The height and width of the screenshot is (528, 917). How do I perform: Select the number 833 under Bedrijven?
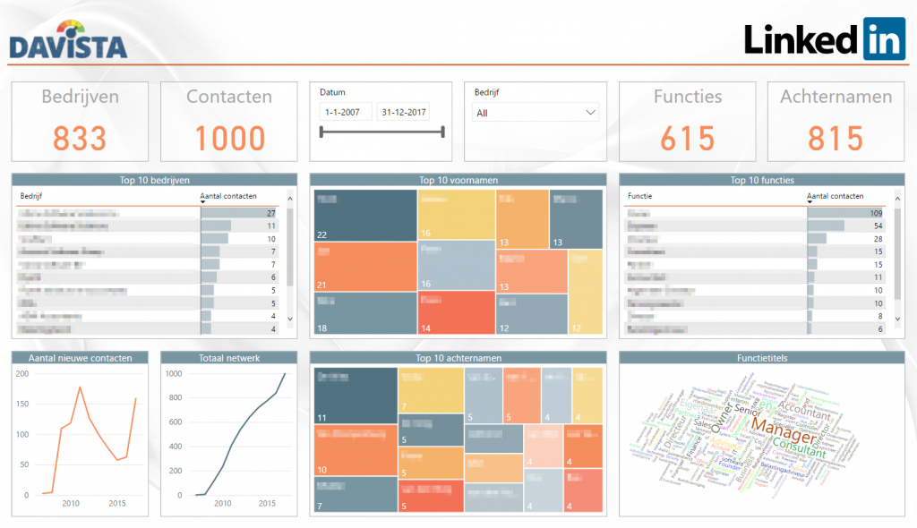pyautogui.click(x=79, y=138)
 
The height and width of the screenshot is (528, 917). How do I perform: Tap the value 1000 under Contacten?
pyautogui.click(x=229, y=138)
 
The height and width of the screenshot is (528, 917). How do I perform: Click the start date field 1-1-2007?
pyautogui.click(x=345, y=112)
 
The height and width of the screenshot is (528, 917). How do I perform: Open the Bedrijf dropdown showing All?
pyautogui.click(x=536, y=113)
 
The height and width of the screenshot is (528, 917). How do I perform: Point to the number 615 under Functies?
pyautogui.click(x=687, y=138)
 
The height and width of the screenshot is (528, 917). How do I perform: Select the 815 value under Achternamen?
pyautogui.click(x=835, y=138)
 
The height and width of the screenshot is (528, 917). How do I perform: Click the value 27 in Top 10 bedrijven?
pyautogui.click(x=270, y=213)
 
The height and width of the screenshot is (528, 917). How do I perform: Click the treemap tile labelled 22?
pyautogui.click(x=365, y=215)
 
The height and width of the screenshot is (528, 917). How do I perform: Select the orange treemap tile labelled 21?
pyautogui.click(x=365, y=267)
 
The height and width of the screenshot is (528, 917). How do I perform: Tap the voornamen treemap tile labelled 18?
pyautogui.click(x=365, y=315)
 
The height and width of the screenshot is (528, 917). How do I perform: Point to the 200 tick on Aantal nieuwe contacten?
pyautogui.click(x=21, y=373)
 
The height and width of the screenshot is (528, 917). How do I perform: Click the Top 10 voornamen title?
pyautogui.click(x=458, y=180)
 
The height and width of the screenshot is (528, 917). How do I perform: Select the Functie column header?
pyautogui.click(x=640, y=195)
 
